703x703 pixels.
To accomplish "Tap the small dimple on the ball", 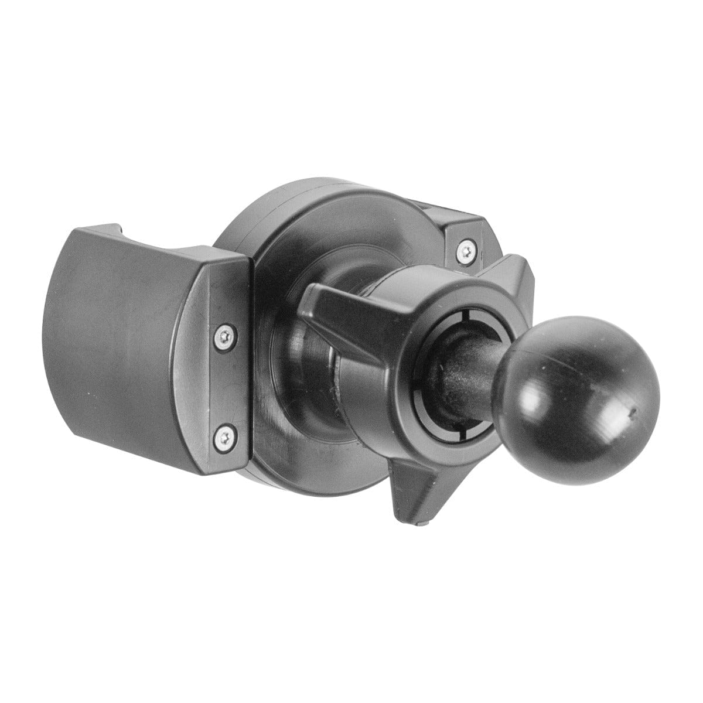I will click(632, 412).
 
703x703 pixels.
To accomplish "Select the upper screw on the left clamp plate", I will click(223, 336).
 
